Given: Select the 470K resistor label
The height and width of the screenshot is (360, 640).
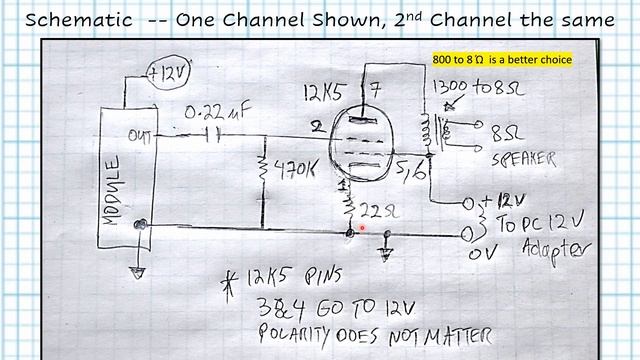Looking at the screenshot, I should point(294,171).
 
